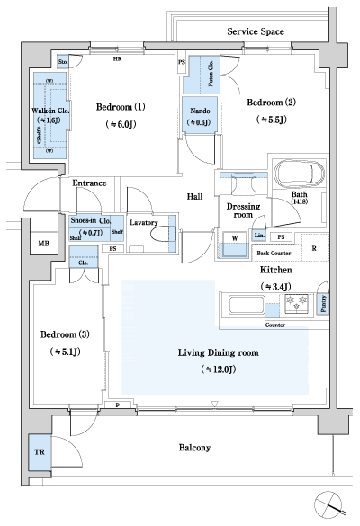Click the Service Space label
[x=256, y=31]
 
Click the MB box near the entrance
[x=43, y=244]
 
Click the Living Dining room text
[x=219, y=353]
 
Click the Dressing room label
[x=243, y=210]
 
